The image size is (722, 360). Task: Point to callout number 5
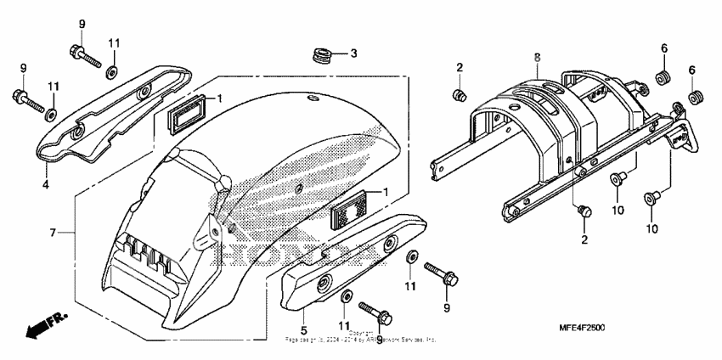click(302, 329)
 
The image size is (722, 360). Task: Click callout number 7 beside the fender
click(52, 232)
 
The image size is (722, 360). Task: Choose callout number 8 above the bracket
click(537, 56)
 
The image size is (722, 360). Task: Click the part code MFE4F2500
click(583, 329)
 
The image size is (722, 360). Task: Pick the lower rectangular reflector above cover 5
click(347, 210)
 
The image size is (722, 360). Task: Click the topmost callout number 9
click(82, 23)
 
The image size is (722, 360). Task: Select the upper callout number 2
click(459, 67)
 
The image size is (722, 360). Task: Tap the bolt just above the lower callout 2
click(583, 211)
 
